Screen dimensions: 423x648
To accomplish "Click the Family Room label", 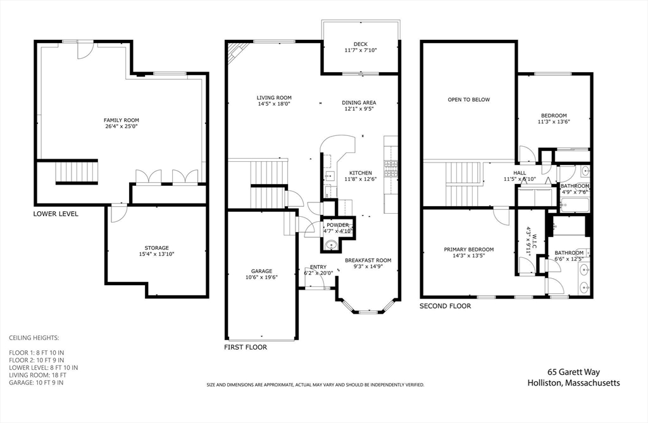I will [x=121, y=120].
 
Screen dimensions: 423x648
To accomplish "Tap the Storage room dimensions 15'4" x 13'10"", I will [x=156, y=254].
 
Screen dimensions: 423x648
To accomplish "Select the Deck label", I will [x=360, y=44].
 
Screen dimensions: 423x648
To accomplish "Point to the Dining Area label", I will [x=359, y=102].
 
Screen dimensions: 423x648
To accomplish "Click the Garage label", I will [x=261, y=271].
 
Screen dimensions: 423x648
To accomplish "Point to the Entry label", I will [x=318, y=267].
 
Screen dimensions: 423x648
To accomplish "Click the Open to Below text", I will [x=468, y=99].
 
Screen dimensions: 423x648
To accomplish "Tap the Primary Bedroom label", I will [x=468, y=250].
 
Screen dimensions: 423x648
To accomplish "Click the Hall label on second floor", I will [x=519, y=173].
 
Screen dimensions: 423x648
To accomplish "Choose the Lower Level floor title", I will [x=56, y=214].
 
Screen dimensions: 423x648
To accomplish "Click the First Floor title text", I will [x=246, y=347].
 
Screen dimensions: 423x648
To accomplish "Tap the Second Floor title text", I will [x=445, y=306].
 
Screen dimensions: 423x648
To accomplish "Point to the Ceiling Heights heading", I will [x=34, y=338].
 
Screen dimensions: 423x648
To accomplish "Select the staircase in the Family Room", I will [x=77, y=172].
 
